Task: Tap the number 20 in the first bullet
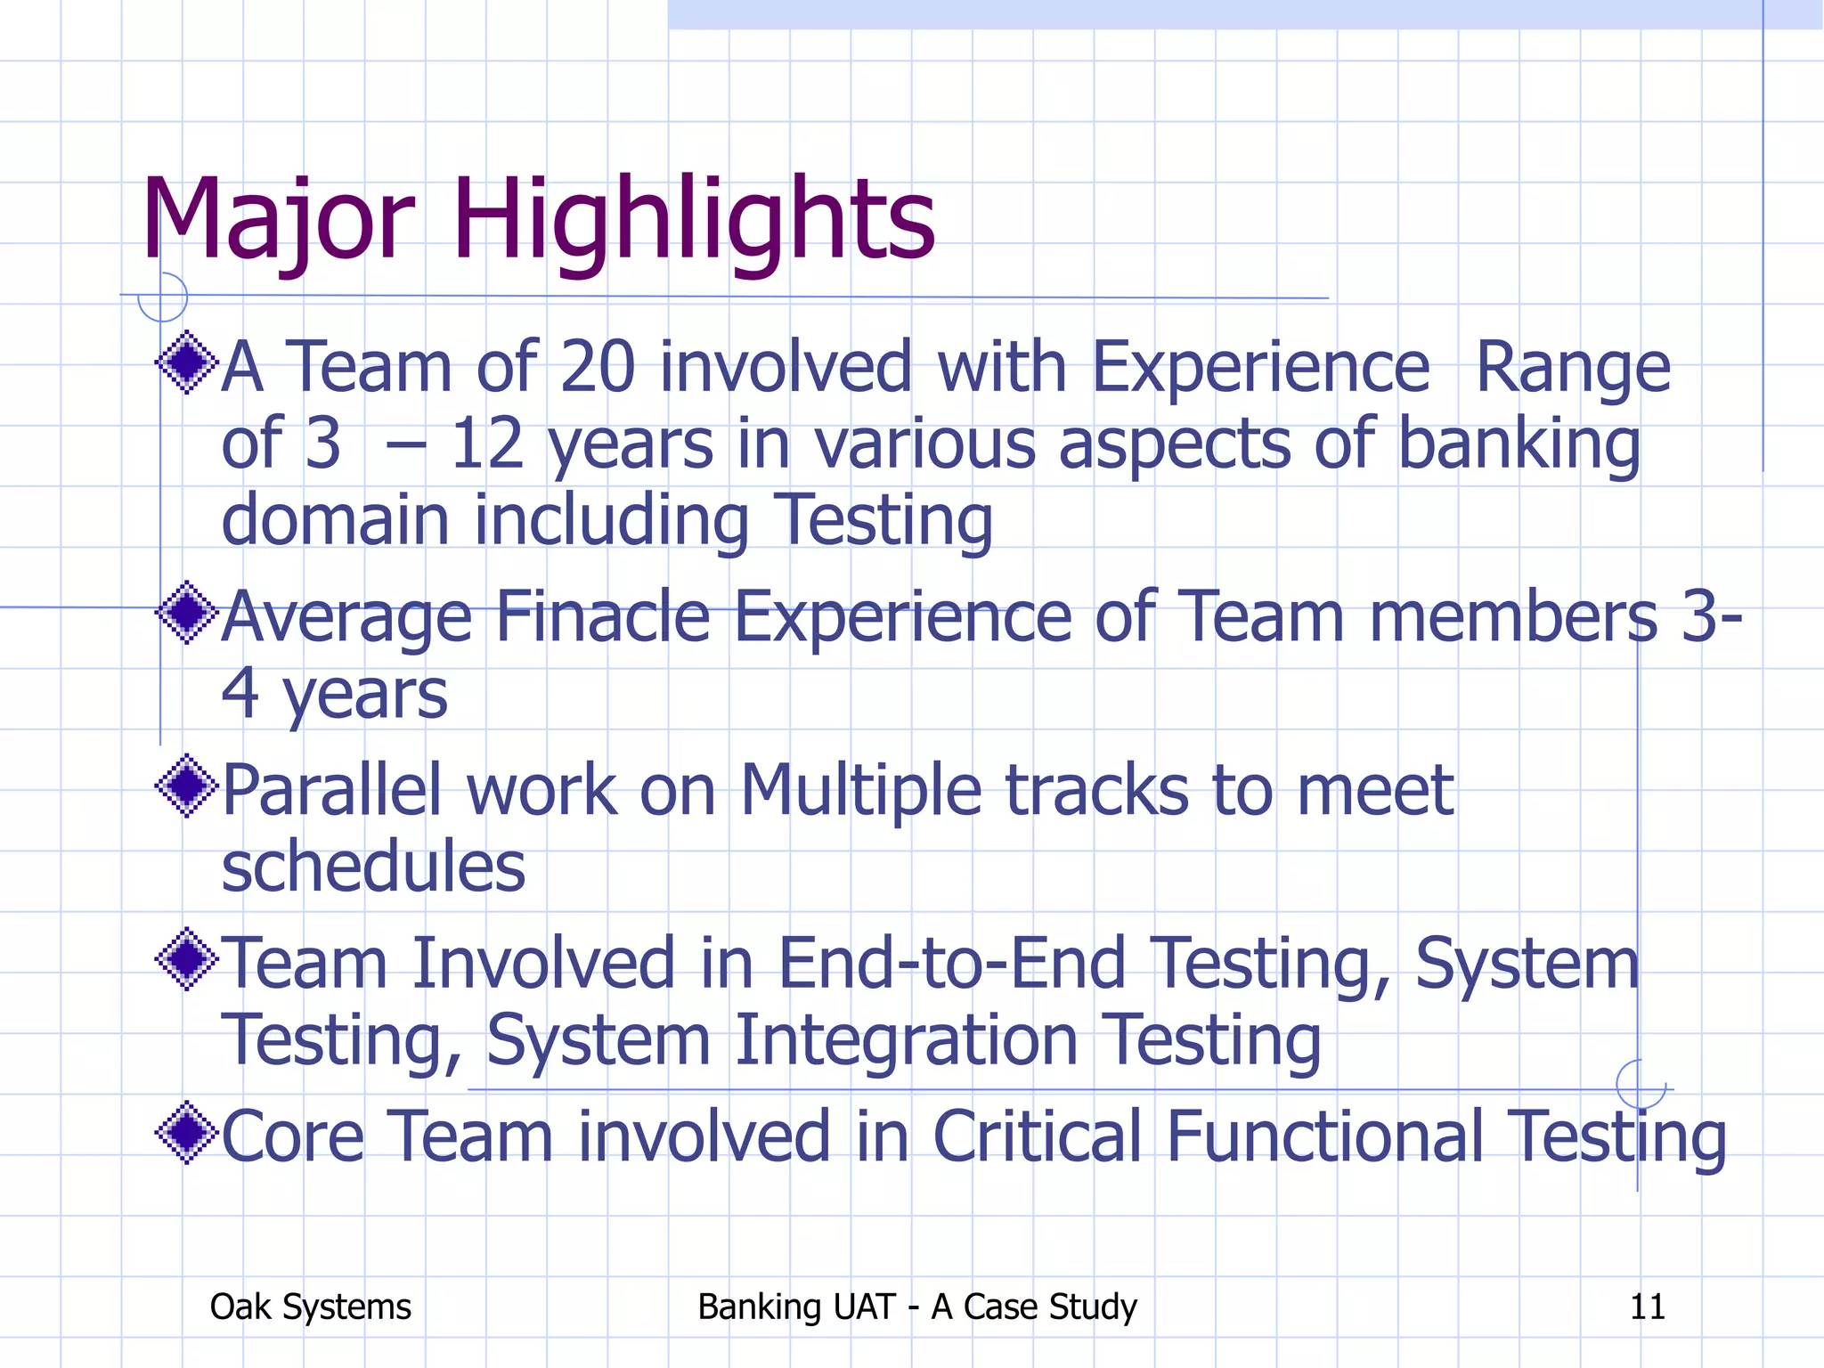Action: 597,366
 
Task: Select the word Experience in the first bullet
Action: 1260,366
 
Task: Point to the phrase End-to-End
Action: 952,963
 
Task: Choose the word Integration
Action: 906,1039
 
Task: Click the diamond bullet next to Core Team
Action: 187,1133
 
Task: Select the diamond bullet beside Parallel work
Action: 187,786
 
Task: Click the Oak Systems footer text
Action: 310,1307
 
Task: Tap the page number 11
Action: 1647,1307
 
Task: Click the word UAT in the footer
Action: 862,1307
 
